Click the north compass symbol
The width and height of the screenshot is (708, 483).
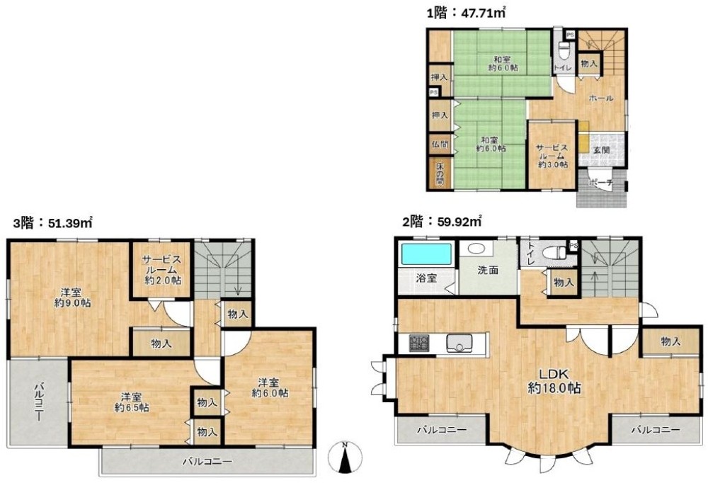point(346,457)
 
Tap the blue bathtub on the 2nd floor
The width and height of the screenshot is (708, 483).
point(426,254)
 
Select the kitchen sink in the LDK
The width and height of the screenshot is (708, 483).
point(459,343)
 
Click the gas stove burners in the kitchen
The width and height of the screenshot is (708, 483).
point(419,343)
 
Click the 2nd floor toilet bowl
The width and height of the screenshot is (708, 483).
point(554,253)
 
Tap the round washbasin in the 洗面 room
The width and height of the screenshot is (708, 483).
point(475,249)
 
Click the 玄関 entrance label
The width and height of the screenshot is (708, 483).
point(600,149)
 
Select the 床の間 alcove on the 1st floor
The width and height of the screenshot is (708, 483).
point(440,174)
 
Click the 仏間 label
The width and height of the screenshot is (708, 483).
point(440,144)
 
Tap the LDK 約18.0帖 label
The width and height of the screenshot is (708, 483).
point(554,380)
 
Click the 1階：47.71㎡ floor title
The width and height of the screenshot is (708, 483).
point(466,13)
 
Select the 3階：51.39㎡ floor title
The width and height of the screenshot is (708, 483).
point(53,223)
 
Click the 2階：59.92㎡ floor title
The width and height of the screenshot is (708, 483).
point(442,222)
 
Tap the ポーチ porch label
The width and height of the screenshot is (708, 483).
point(601,183)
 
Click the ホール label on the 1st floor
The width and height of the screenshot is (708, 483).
point(601,98)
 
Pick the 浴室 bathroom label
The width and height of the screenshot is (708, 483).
point(426,278)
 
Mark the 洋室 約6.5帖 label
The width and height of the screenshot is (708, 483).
point(132,402)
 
